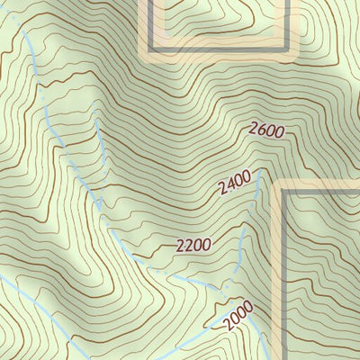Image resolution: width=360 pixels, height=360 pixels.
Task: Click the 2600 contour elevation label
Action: coord(267,130)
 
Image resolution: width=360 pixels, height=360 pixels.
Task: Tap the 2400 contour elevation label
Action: coord(234,185)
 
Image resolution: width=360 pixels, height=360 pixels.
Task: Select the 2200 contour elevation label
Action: coord(193,244)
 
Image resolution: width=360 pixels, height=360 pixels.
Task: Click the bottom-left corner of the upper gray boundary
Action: coord(149,49)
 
